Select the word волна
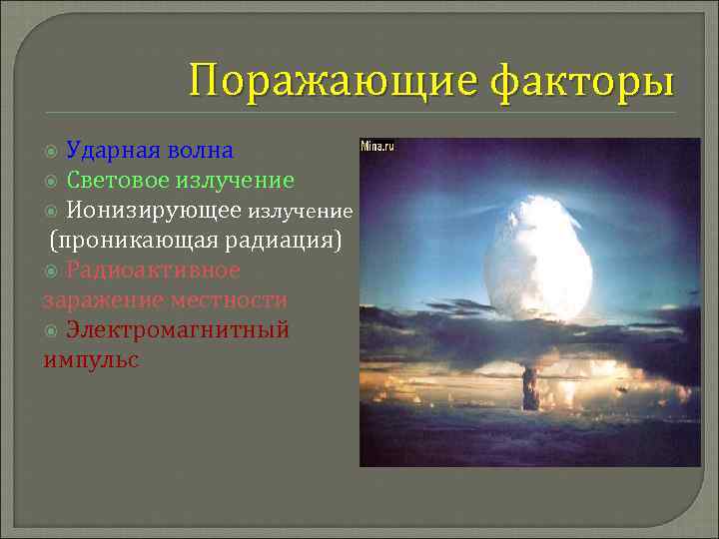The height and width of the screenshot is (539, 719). point(202,151)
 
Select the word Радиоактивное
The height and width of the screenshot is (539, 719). point(153,270)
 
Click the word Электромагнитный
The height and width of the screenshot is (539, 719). point(177,330)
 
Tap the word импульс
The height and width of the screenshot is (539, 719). point(91,360)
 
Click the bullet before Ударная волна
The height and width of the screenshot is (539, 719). point(53,152)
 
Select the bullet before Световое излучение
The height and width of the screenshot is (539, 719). point(53,182)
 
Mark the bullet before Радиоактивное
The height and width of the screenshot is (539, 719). point(53,271)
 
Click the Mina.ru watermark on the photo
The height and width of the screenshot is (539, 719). point(377,146)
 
